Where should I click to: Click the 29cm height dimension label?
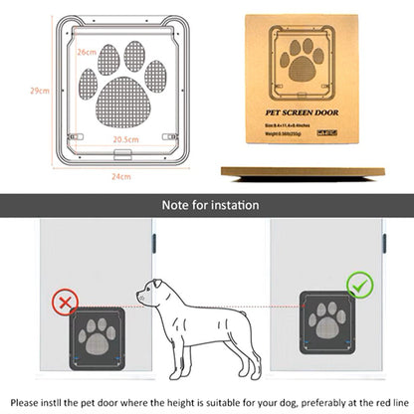tap(39, 91)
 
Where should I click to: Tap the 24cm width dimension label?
tap(119, 176)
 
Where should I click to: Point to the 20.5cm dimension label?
tap(124, 140)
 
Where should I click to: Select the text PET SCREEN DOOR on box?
tap(306, 114)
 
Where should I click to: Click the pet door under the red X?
tap(98, 338)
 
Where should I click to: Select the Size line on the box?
tap(291, 126)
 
